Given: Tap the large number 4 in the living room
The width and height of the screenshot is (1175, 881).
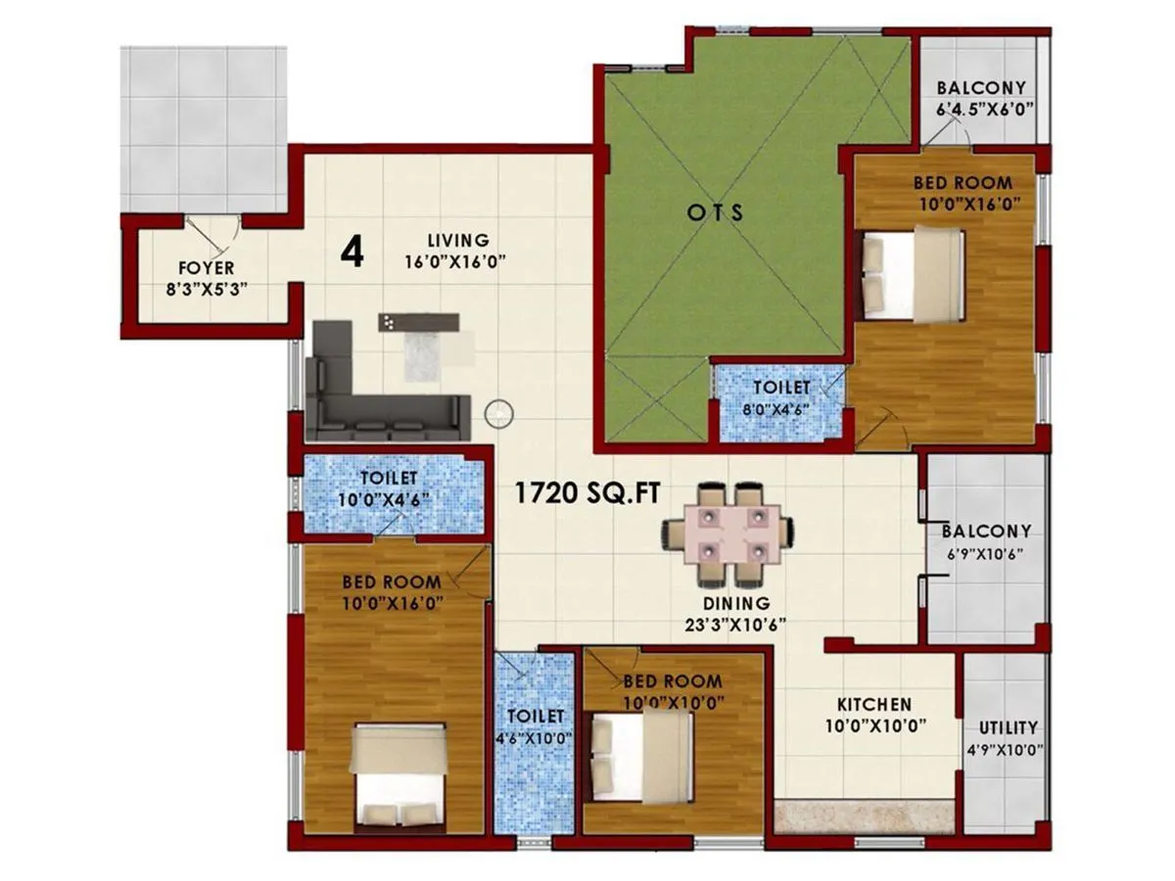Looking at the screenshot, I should (x=352, y=253).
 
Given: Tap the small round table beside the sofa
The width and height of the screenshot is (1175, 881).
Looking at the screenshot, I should (x=498, y=413).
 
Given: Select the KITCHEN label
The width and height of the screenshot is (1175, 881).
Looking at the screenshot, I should (x=873, y=705).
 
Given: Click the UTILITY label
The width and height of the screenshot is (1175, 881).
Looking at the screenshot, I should (x=1008, y=728).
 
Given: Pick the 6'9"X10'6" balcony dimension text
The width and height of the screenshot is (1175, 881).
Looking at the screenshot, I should (x=985, y=554).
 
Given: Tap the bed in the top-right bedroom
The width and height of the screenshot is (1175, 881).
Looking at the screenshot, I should (x=913, y=274).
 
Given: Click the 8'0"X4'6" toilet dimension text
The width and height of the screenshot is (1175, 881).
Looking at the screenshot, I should (x=781, y=410).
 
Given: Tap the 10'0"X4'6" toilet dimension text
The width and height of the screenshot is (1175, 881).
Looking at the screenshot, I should (x=389, y=498).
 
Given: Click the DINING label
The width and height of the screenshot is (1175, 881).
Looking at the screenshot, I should (x=735, y=604).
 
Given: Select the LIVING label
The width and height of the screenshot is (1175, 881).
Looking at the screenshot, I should (x=458, y=240).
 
